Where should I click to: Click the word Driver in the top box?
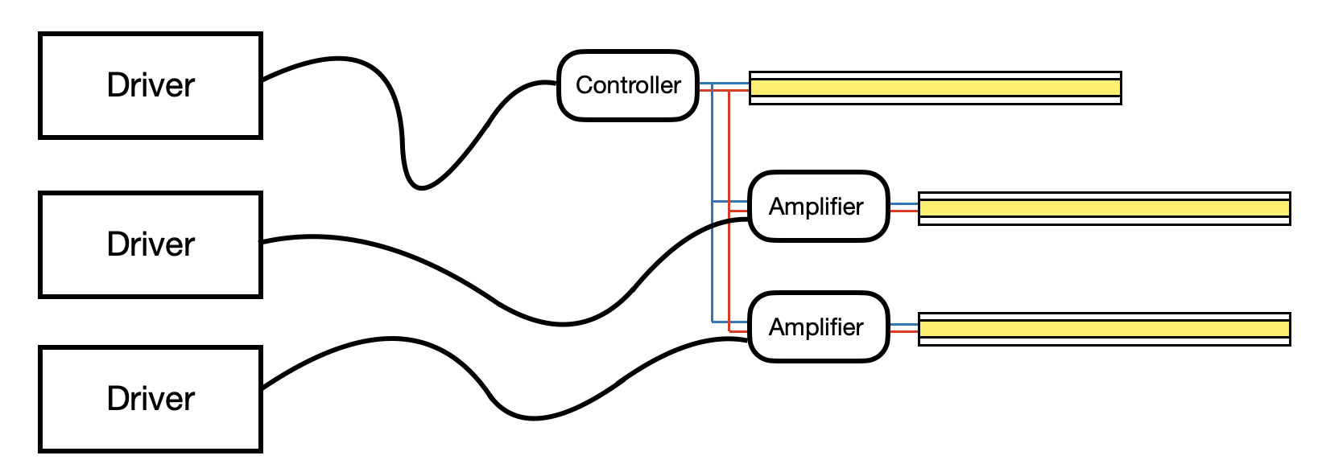[151, 85]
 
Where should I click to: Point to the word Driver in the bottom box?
[151, 399]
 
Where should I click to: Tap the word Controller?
[628, 85]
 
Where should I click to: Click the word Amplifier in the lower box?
[816, 327]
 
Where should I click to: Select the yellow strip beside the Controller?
[935, 88]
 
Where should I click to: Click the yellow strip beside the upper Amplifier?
[1104, 208]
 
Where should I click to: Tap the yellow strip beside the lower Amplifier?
[1104, 329]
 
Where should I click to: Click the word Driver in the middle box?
[151, 244]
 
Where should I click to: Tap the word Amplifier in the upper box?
[816, 207]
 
